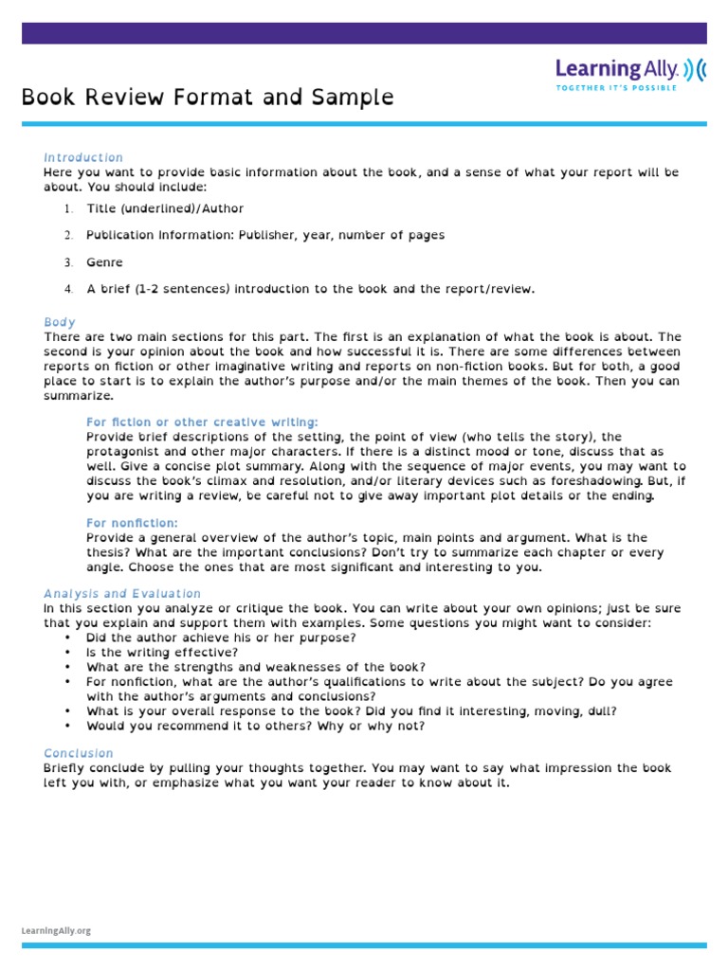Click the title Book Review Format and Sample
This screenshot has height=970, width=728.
pyautogui.click(x=208, y=98)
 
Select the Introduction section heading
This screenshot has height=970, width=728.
pyautogui.click(x=83, y=157)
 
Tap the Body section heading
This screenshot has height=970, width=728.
pyautogui.click(x=60, y=322)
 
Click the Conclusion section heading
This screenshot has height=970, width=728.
pyautogui.click(x=79, y=753)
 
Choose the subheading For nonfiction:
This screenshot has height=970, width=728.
pyautogui.click(x=132, y=523)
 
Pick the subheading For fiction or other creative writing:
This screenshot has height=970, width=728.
pyautogui.click(x=202, y=422)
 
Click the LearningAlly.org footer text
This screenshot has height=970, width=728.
pyautogui.click(x=56, y=931)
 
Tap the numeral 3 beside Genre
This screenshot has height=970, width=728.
pyautogui.click(x=68, y=262)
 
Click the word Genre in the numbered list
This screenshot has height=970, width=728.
pyautogui.click(x=104, y=262)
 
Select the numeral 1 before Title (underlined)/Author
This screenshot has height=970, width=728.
pyautogui.click(x=68, y=208)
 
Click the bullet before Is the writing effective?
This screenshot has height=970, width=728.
pyautogui.click(x=68, y=653)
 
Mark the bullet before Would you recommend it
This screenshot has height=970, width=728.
pyautogui.click(x=68, y=727)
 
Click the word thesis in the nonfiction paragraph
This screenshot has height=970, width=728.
pyautogui.click(x=106, y=552)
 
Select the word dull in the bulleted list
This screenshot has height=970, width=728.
pyautogui.click(x=602, y=711)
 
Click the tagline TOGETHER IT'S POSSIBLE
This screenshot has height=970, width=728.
pyautogui.click(x=616, y=87)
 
